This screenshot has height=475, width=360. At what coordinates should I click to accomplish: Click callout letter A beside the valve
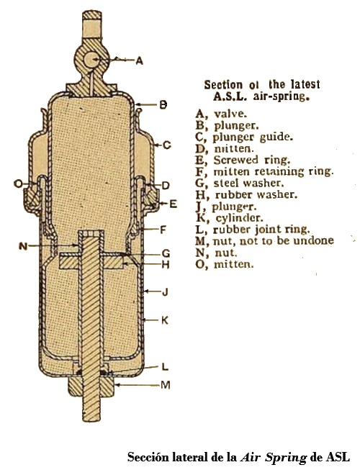point(139,61)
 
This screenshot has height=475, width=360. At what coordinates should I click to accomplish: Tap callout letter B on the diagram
point(163,105)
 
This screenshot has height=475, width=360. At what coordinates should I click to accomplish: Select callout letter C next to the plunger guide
point(167,145)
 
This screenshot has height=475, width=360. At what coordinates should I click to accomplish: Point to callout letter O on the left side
point(19,184)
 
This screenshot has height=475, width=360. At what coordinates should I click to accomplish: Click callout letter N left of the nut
point(23,246)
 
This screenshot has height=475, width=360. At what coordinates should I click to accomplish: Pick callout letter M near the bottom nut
point(166,385)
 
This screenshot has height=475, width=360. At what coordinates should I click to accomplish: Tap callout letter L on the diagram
point(165,367)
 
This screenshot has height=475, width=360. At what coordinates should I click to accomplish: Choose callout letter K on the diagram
point(165,320)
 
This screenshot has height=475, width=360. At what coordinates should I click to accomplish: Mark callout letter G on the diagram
point(166,253)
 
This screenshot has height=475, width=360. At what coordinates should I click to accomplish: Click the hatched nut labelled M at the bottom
point(91,387)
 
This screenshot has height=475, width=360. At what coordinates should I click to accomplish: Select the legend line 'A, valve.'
point(221,114)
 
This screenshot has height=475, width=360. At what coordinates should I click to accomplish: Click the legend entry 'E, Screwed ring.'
point(243,160)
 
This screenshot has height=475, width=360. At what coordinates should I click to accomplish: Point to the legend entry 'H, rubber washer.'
point(246,195)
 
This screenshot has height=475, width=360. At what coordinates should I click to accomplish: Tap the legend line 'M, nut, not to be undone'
point(265,241)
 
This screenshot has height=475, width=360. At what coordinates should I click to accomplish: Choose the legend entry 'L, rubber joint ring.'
point(253,230)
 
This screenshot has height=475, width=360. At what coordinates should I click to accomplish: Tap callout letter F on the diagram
point(163,230)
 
